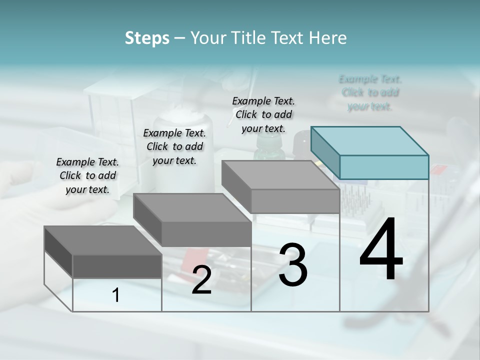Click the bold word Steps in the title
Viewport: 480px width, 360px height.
147,38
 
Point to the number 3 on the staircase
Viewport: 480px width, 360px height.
292,264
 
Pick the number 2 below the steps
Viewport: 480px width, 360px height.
201,280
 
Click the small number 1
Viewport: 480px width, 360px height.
116,295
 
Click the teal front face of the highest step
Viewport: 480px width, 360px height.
384,167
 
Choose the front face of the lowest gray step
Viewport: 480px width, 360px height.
117,266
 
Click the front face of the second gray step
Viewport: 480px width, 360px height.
206,234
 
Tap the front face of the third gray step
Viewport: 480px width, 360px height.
295,201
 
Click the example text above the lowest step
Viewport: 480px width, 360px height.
87,175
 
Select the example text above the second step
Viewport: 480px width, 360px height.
174,146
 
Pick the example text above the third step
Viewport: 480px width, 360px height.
263,114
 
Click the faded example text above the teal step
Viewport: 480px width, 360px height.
370,92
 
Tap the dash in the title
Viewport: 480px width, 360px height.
180,38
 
